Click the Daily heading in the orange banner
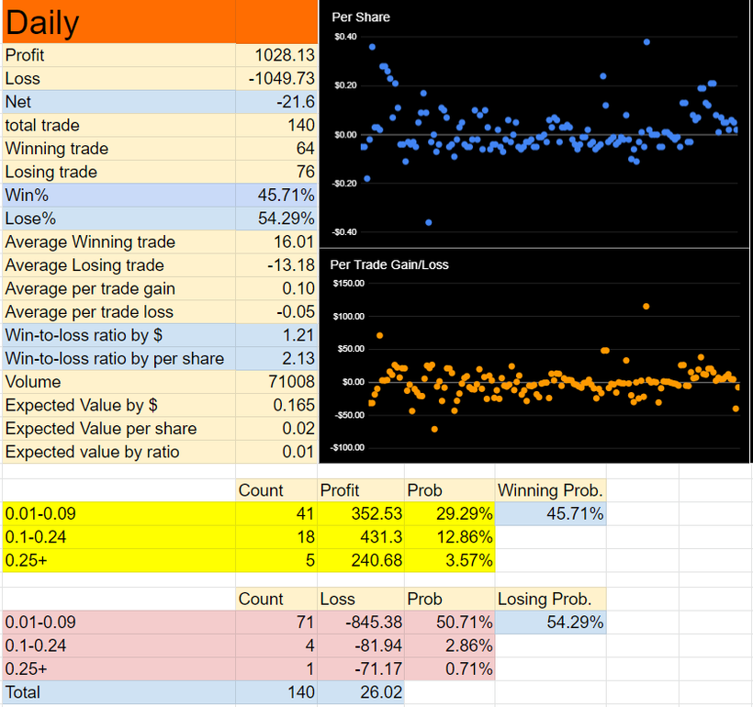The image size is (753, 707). click(42, 23)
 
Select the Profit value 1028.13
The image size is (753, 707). click(285, 55)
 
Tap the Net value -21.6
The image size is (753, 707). click(296, 102)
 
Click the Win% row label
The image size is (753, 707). click(27, 196)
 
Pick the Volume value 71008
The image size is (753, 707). click(291, 382)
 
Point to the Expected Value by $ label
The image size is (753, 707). click(81, 405)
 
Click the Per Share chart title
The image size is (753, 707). click(361, 17)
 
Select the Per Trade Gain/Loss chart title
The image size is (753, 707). click(389, 264)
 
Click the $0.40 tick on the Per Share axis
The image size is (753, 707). click(346, 37)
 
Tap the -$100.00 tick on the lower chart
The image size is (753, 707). click(347, 448)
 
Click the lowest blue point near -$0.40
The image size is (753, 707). click(429, 222)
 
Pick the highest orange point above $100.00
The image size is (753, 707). click(646, 307)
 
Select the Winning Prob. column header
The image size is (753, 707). click(550, 490)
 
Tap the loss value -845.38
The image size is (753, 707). click(374, 623)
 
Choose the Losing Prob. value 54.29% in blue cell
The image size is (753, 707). click(575, 623)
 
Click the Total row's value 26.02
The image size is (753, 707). click(381, 692)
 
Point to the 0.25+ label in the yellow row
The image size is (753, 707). click(26, 560)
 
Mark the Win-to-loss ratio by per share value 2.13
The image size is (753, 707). click(298, 359)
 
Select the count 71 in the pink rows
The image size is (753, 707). click(305, 623)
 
